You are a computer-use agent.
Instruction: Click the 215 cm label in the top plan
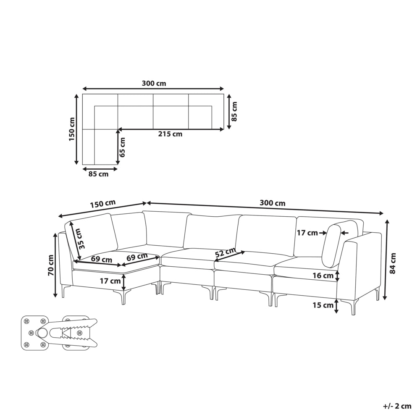coord(170,134)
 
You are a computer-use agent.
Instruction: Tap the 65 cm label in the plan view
coord(122,147)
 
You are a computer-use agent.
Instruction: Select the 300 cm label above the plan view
coord(154,83)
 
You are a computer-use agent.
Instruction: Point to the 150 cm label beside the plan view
coord(72,129)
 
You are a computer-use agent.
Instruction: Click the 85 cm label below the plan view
coord(98,174)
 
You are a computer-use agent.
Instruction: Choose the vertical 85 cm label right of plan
coord(234,111)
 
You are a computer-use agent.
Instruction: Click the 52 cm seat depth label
coord(226,252)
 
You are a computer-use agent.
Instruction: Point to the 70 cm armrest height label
coord(50,265)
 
